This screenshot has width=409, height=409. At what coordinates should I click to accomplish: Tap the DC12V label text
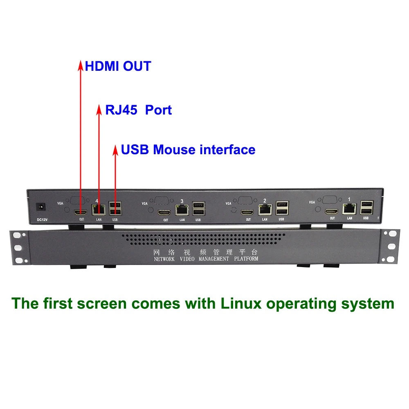pos(43,219)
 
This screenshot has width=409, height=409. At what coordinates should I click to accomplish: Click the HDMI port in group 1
pos(331,211)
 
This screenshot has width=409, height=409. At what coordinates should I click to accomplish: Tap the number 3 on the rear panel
pos(182,201)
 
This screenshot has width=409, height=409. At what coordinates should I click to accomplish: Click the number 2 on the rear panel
pos(265,201)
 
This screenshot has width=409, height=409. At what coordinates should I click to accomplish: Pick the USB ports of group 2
pos(281,208)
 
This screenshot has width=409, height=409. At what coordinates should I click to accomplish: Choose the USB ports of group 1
pos(366,207)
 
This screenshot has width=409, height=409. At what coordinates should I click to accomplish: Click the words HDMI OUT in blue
pos(118,66)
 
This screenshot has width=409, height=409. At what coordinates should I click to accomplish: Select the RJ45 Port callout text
pos(139,110)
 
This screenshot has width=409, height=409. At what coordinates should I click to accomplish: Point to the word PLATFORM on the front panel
pos(246,259)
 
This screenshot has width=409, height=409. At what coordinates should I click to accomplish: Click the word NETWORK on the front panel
pos(164,259)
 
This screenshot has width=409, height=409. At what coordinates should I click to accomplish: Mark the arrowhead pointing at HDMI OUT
pos(81,65)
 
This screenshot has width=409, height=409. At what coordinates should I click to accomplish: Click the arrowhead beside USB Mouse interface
pos(115,149)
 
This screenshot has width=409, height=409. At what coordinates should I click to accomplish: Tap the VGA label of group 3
pos(144,203)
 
